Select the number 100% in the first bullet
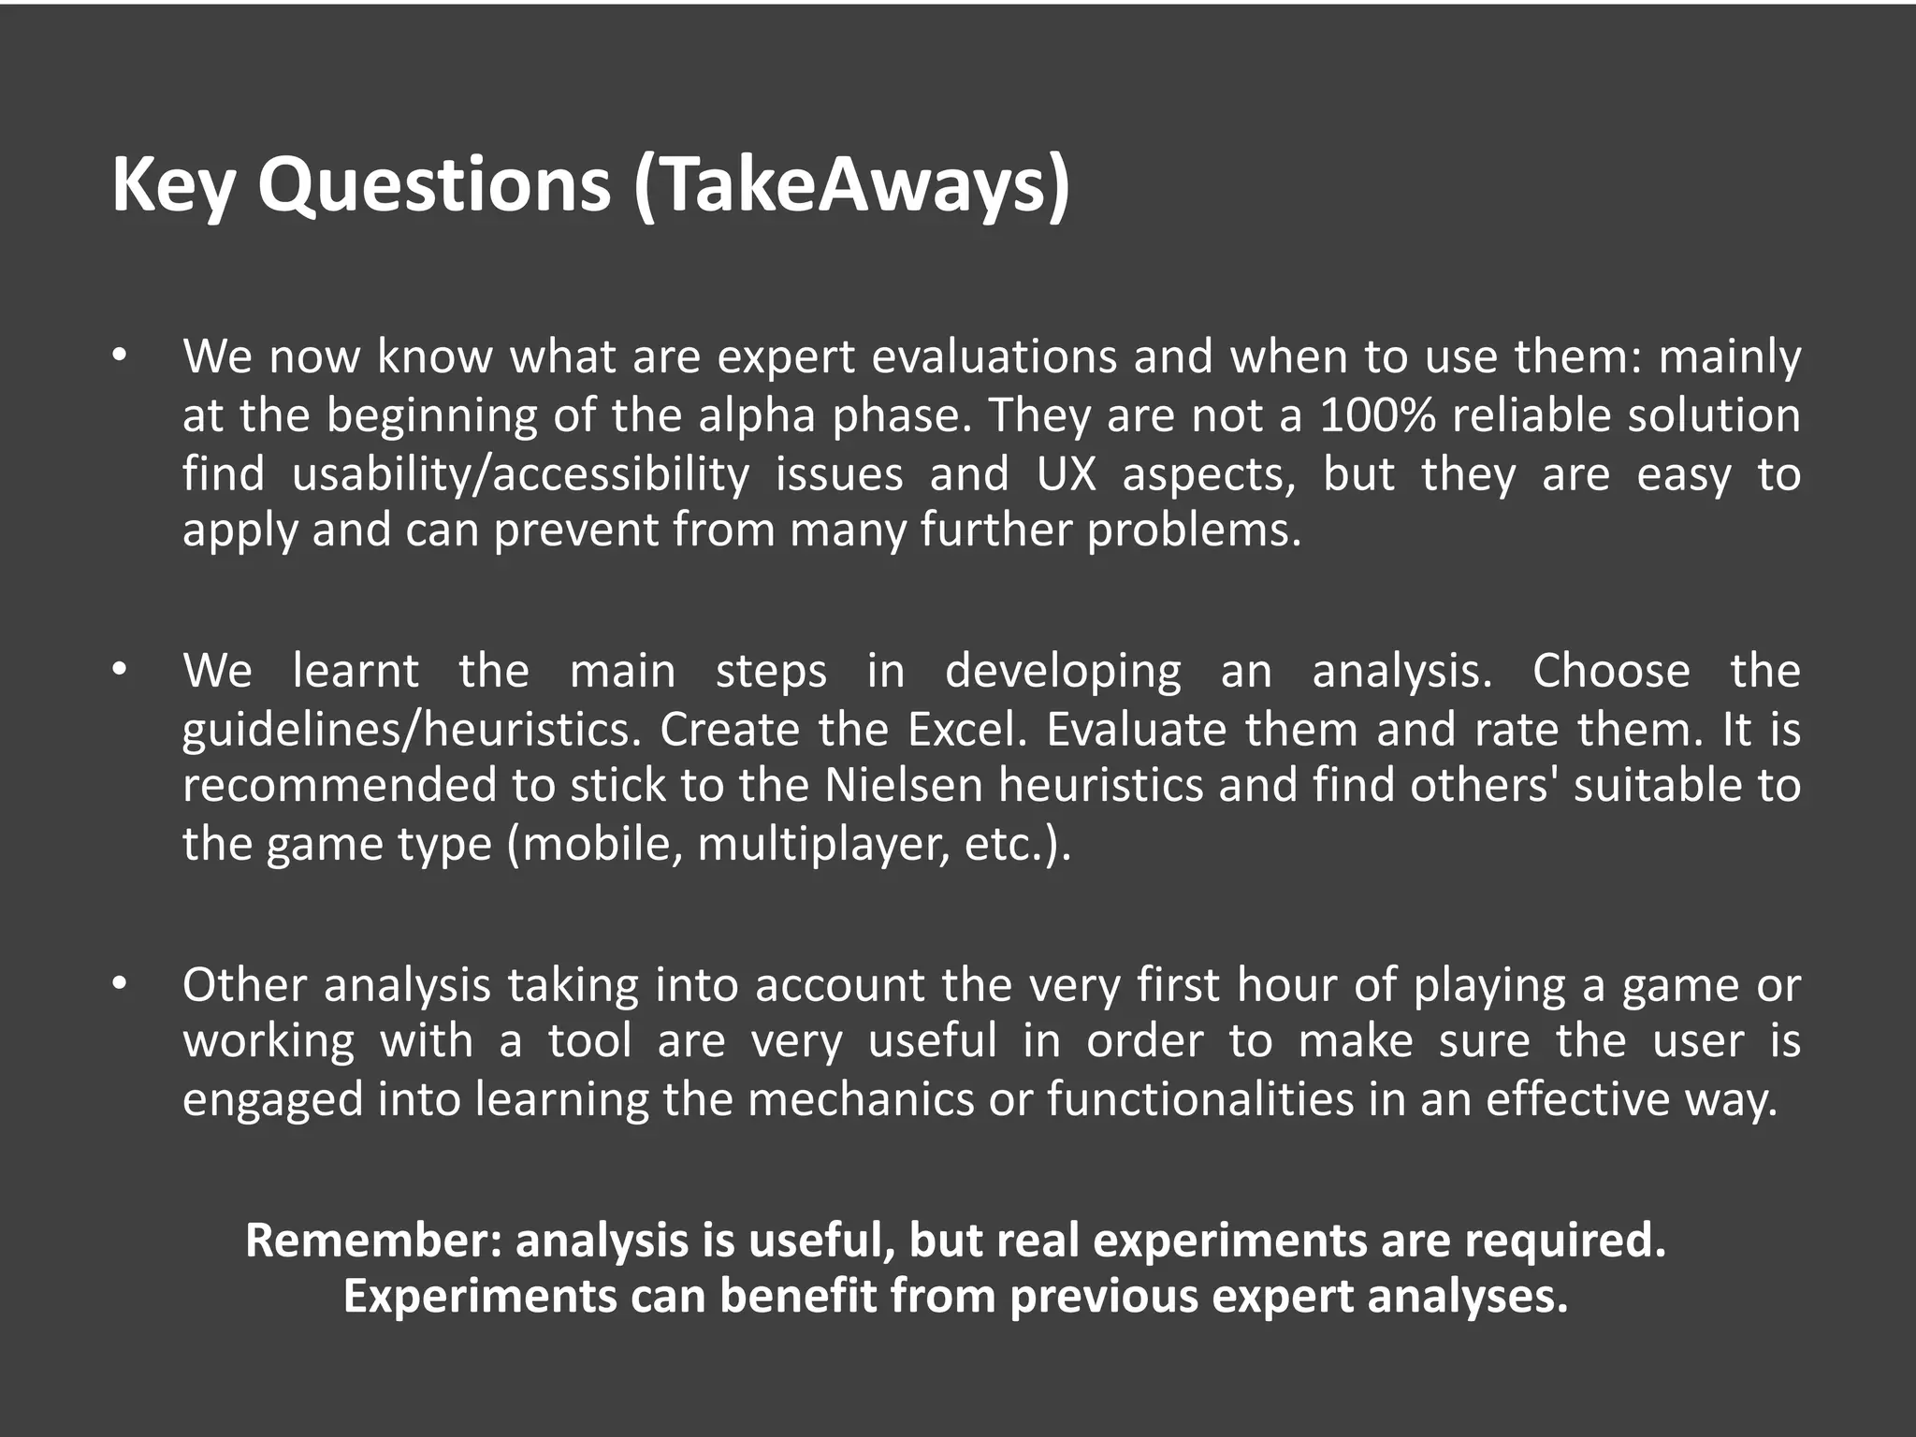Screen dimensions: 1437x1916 click(x=1377, y=415)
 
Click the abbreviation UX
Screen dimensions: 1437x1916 click(x=1066, y=473)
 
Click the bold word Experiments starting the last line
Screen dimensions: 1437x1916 click(x=480, y=1297)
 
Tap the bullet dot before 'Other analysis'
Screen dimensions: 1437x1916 click(x=118, y=984)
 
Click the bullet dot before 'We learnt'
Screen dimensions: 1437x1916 click(x=118, y=670)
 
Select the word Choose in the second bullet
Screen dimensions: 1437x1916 click(x=1611, y=671)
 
